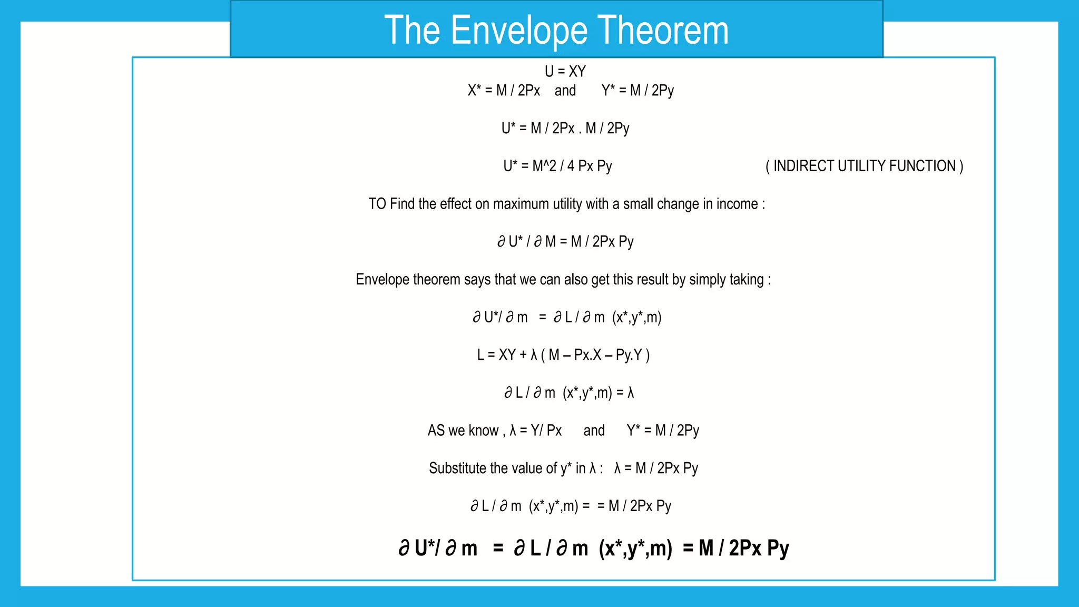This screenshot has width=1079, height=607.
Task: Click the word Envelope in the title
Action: click(x=519, y=31)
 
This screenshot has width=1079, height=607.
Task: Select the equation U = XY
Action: click(x=565, y=71)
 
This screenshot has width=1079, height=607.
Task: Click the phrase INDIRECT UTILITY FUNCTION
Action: click(x=864, y=166)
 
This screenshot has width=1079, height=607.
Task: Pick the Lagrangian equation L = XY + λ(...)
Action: click(x=563, y=355)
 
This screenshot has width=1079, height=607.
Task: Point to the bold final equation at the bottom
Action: click(x=593, y=549)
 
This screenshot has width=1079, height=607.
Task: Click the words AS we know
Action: click(x=463, y=430)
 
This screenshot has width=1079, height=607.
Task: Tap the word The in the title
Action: click(x=412, y=31)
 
